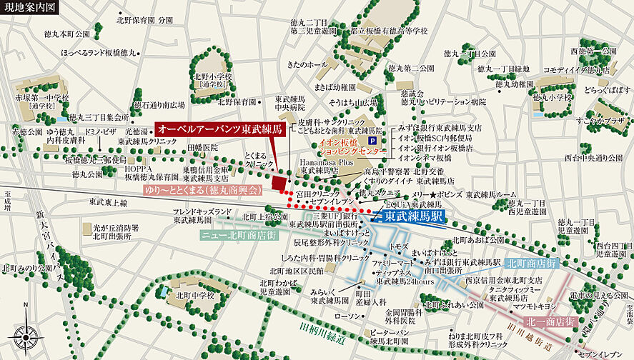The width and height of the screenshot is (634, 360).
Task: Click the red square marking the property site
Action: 278,185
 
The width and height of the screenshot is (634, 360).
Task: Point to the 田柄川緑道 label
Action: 317,336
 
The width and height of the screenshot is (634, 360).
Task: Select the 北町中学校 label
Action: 190,296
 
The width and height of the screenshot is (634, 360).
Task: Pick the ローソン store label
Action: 348,316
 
